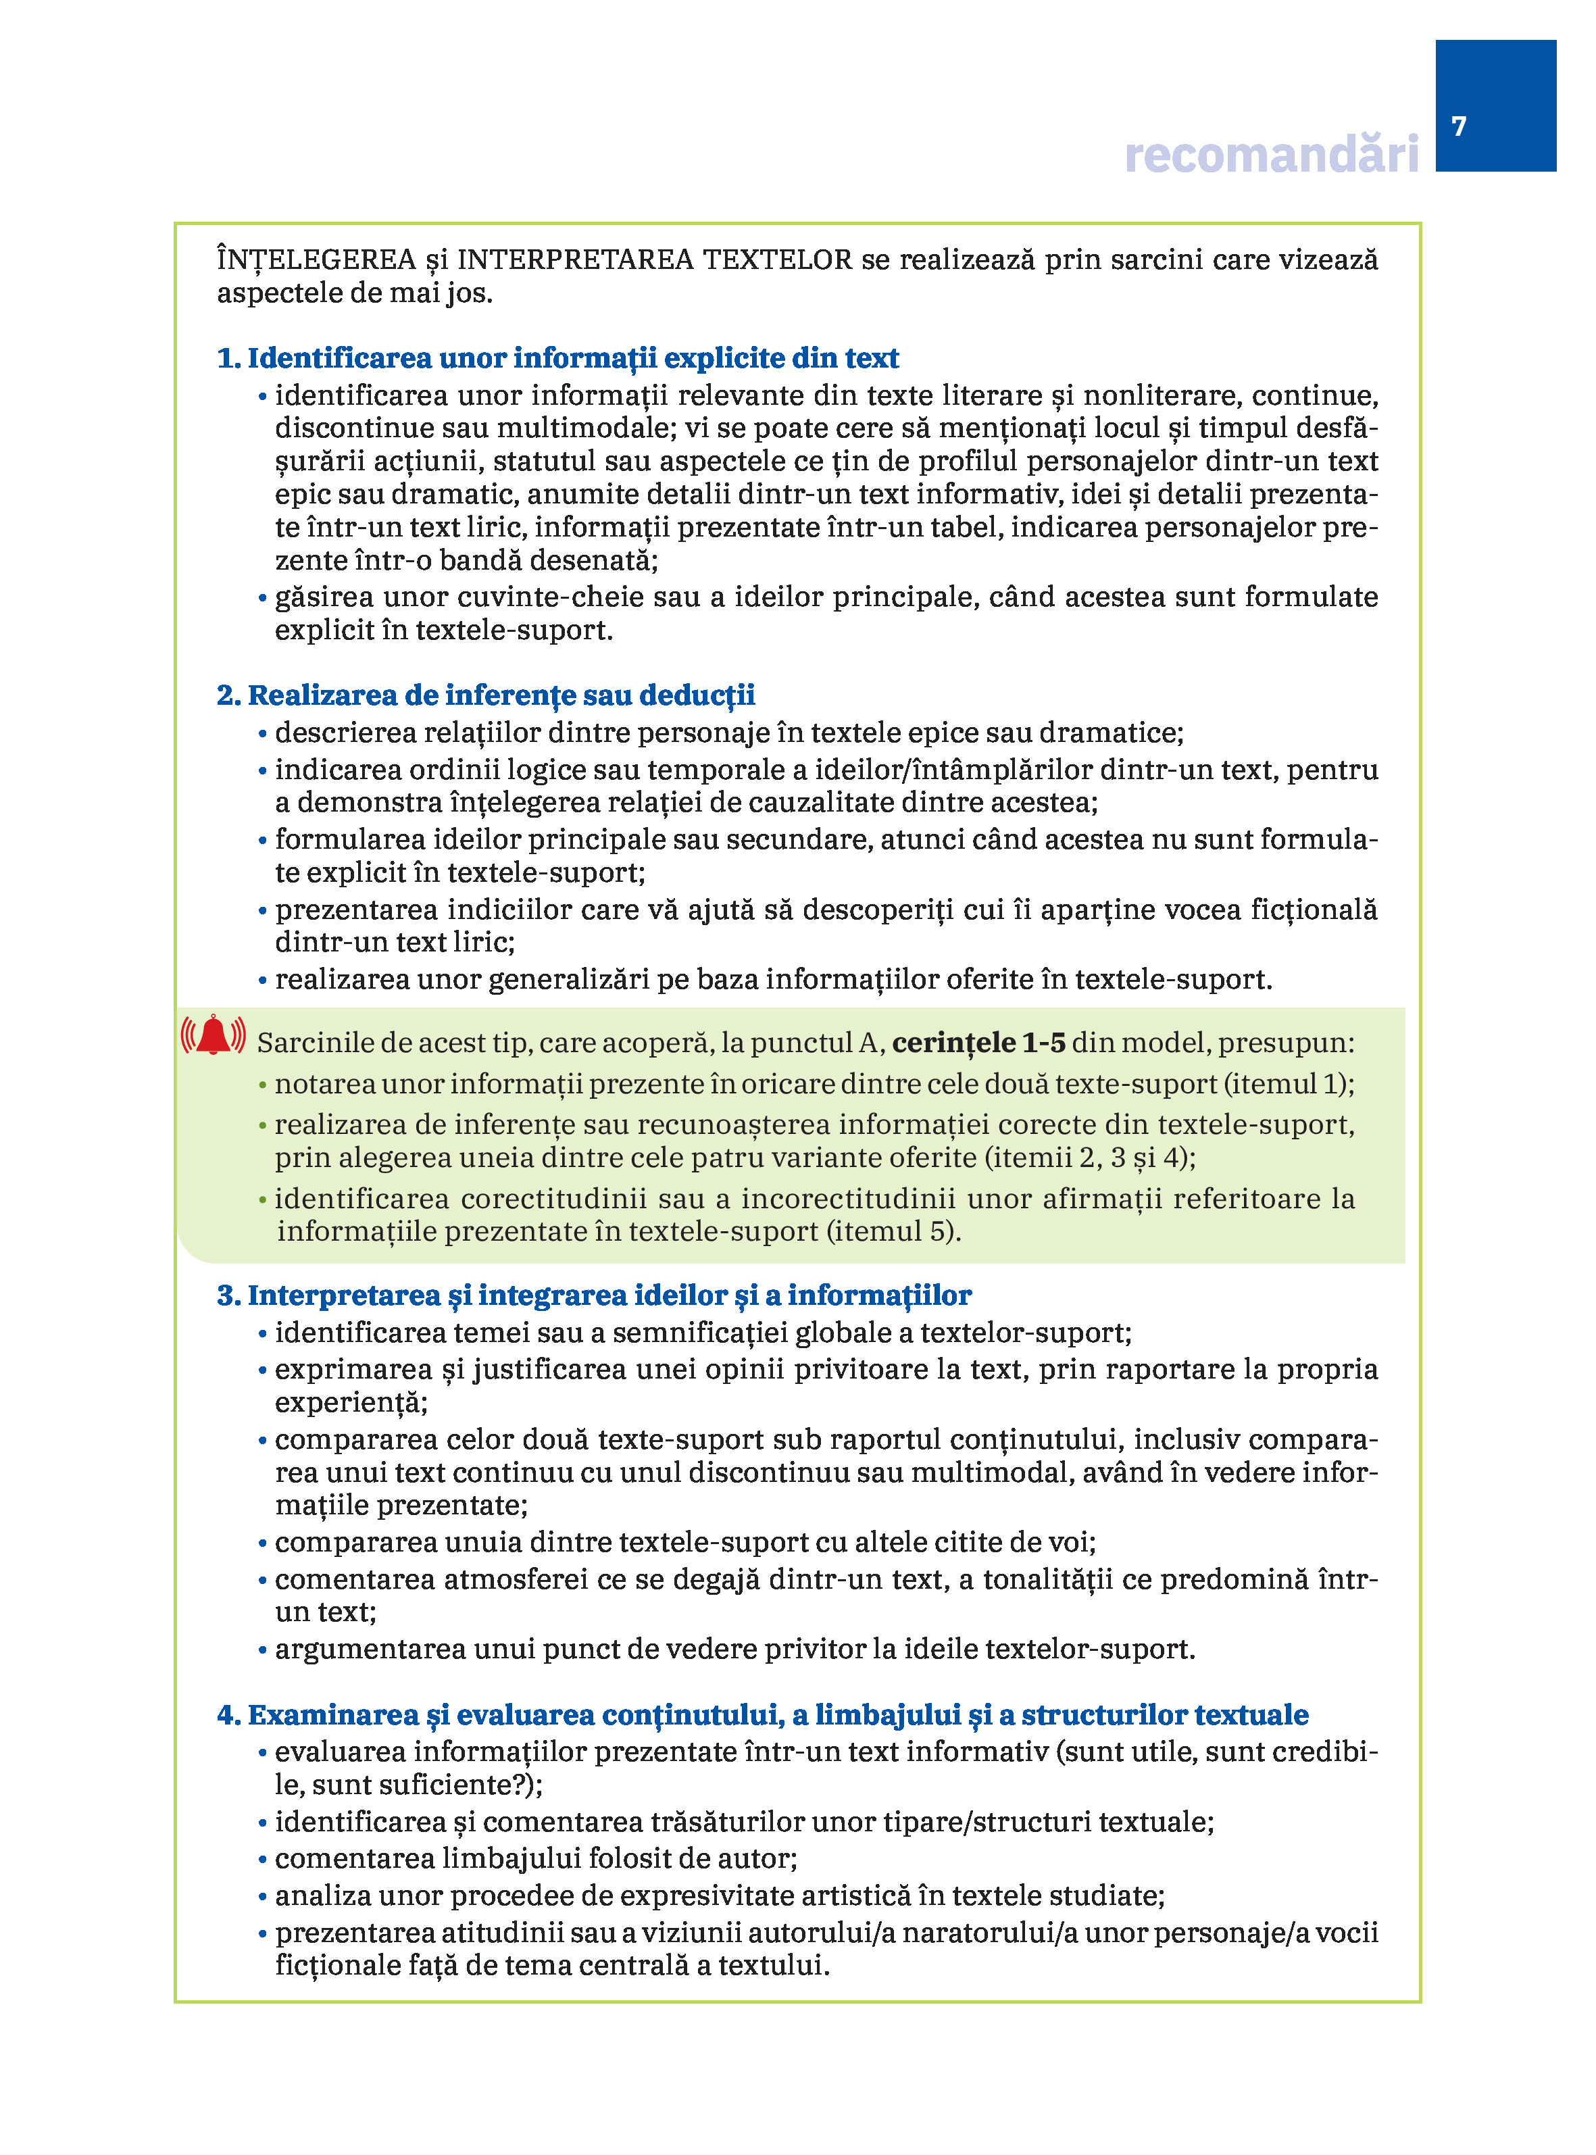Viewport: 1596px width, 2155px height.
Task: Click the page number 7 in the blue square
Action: (x=1459, y=126)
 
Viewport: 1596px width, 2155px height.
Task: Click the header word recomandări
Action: (x=1272, y=155)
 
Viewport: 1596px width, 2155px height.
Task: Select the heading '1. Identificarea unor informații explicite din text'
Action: (x=557, y=358)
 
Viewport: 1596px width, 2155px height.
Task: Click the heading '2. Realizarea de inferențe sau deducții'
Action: (x=486, y=695)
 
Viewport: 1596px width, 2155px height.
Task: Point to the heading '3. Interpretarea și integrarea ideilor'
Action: (x=594, y=1295)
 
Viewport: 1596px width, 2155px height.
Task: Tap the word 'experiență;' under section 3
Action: (x=351, y=1402)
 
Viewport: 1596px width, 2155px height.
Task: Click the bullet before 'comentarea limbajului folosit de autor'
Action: (x=263, y=1860)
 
